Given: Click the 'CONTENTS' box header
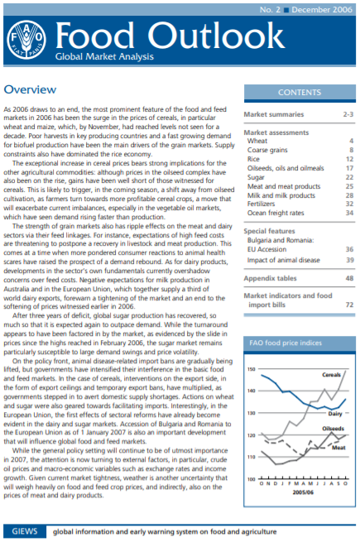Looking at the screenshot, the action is (300, 93).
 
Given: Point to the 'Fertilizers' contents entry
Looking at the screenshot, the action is (266, 204).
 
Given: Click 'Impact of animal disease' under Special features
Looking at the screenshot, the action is (282, 260).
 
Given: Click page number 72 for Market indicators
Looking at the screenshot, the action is (349, 305).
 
